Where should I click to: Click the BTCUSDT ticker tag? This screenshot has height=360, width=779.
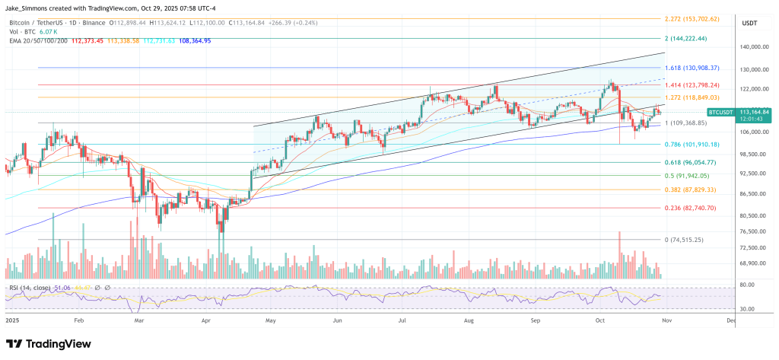[x=720, y=112]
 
